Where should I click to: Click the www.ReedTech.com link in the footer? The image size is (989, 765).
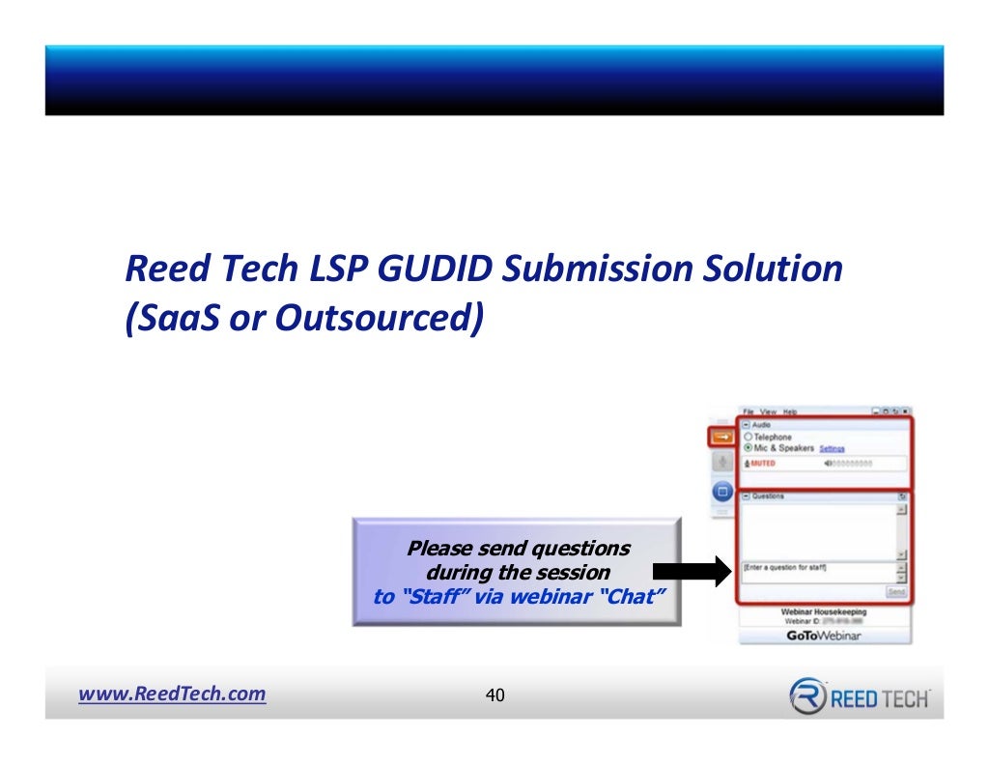(172, 694)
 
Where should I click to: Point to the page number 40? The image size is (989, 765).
(495, 694)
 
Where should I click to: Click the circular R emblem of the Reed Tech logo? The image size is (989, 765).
(806, 695)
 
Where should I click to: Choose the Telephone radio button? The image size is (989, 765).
(748, 437)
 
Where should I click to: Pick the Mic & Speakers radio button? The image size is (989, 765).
(748, 448)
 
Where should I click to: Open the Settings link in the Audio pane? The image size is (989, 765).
(832, 449)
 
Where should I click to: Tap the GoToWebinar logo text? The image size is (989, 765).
(823, 636)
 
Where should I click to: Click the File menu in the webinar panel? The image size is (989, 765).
(749, 412)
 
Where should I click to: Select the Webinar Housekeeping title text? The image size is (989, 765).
(823, 611)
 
